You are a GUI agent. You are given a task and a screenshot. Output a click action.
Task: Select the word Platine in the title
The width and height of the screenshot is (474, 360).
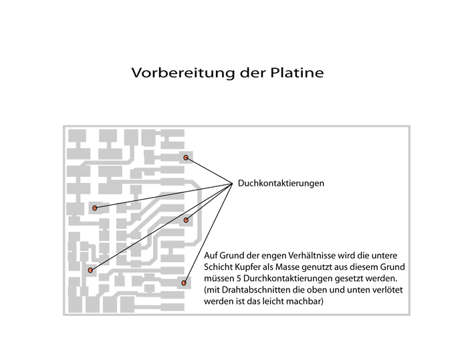point(297,73)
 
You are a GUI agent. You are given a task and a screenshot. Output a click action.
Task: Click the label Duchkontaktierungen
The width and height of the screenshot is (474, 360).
point(281,183)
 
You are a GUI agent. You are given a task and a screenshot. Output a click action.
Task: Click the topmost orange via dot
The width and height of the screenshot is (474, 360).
point(186,158)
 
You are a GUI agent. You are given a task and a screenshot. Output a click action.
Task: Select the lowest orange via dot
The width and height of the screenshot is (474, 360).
point(183,283)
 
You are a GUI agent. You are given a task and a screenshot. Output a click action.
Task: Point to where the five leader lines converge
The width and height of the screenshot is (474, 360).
point(232,183)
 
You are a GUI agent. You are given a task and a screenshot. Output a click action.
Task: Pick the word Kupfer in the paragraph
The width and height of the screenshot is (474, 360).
point(247,267)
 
